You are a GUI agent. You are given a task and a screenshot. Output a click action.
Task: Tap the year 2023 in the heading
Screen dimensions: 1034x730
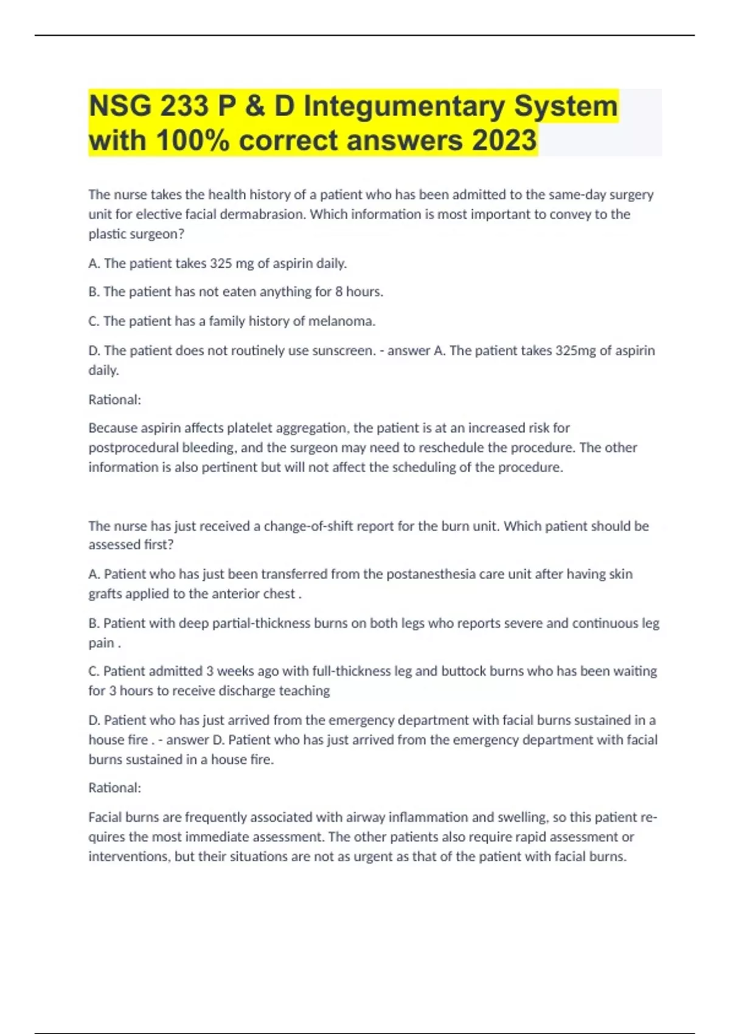pyautogui.click(x=504, y=141)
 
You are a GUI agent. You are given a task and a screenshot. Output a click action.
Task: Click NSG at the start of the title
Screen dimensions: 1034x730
pyautogui.click(x=120, y=106)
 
